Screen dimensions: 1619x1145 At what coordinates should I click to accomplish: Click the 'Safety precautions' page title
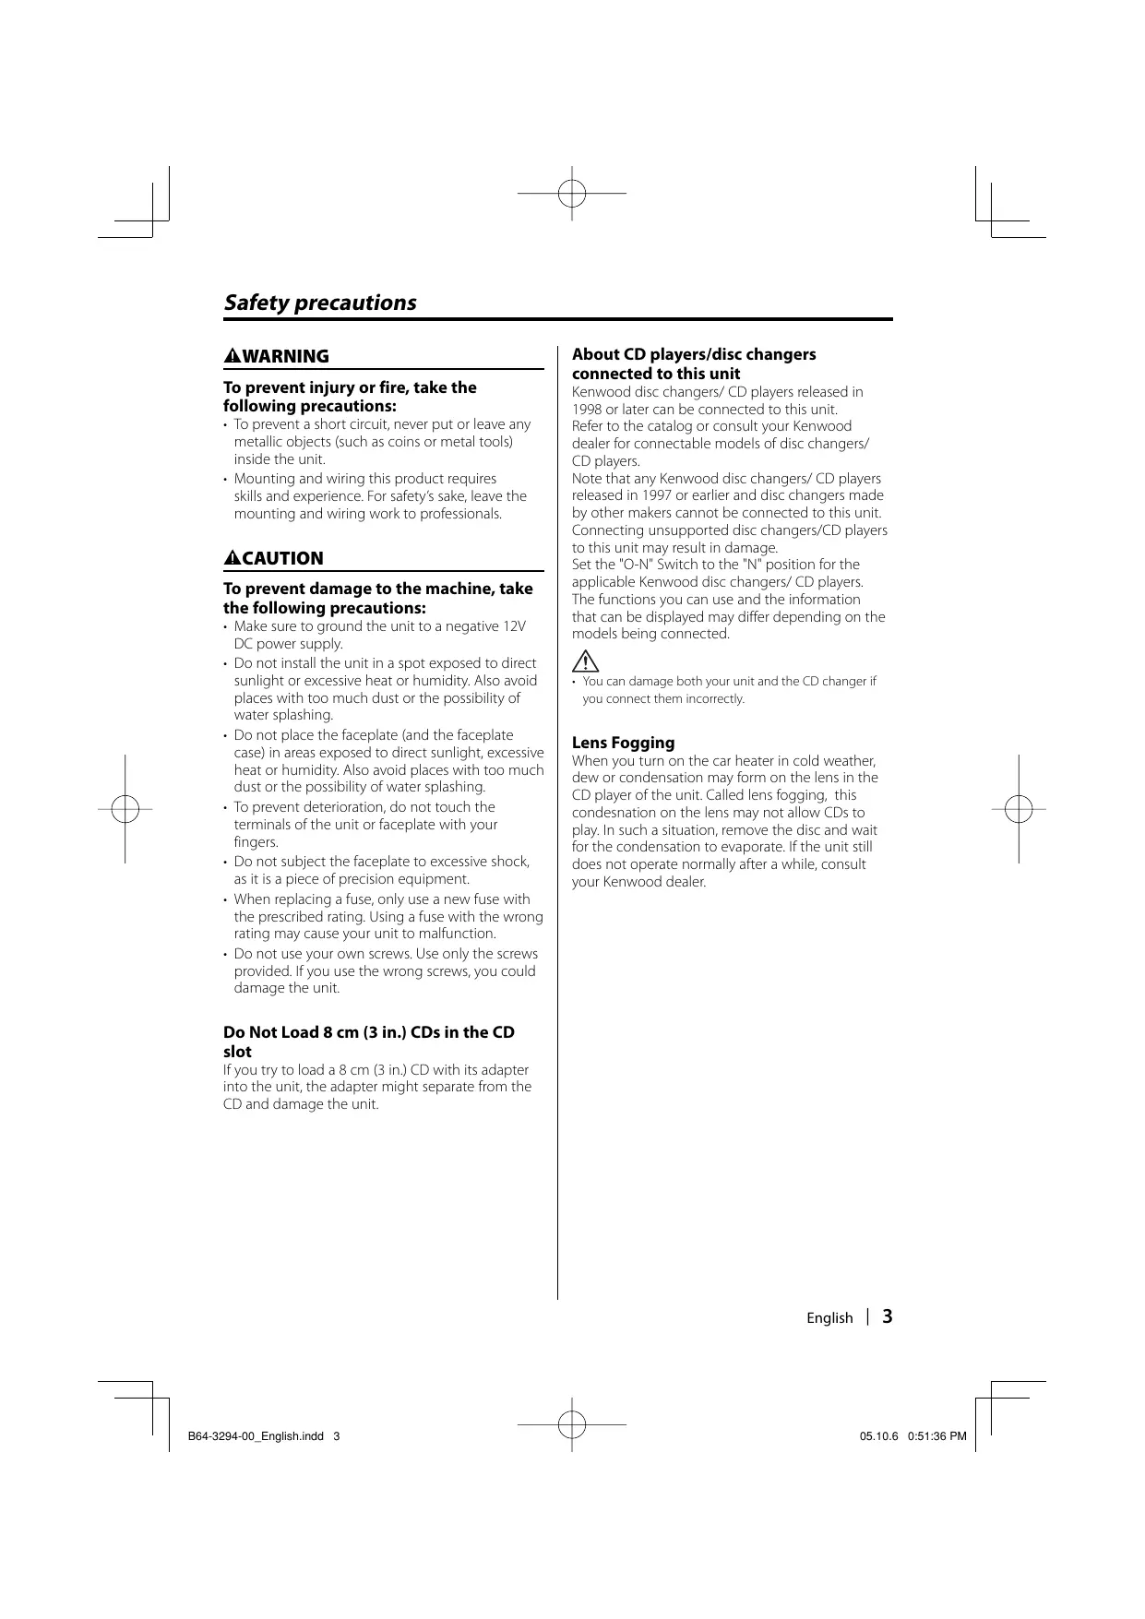(x=319, y=303)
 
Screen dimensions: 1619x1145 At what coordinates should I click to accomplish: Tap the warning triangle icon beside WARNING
(x=233, y=356)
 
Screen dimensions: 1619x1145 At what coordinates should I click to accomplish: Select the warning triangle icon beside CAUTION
(x=233, y=558)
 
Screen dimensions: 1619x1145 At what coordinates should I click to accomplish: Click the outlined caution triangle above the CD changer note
(x=585, y=661)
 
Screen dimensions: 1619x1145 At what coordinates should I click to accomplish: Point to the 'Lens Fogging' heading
(x=623, y=743)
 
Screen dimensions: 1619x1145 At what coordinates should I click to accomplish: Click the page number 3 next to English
(x=887, y=1316)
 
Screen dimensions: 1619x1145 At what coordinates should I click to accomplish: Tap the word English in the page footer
(x=829, y=1317)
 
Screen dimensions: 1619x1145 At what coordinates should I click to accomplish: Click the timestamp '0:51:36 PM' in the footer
(x=937, y=1436)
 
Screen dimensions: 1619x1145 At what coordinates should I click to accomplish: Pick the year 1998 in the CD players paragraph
(x=587, y=409)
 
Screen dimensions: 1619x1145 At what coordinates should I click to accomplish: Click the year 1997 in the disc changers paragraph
(x=656, y=495)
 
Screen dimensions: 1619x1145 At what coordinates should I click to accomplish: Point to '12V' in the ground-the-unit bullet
(x=514, y=626)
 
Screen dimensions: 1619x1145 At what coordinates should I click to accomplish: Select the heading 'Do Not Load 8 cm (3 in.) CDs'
(x=369, y=1032)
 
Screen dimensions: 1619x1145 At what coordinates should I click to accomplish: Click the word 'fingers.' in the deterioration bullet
(x=256, y=842)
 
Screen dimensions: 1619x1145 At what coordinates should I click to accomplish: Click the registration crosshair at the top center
(x=572, y=194)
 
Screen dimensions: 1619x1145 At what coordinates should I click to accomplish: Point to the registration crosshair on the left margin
(x=125, y=809)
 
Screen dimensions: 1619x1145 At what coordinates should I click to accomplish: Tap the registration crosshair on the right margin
(x=1019, y=809)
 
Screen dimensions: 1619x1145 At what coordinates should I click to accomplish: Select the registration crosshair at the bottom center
(x=572, y=1424)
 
